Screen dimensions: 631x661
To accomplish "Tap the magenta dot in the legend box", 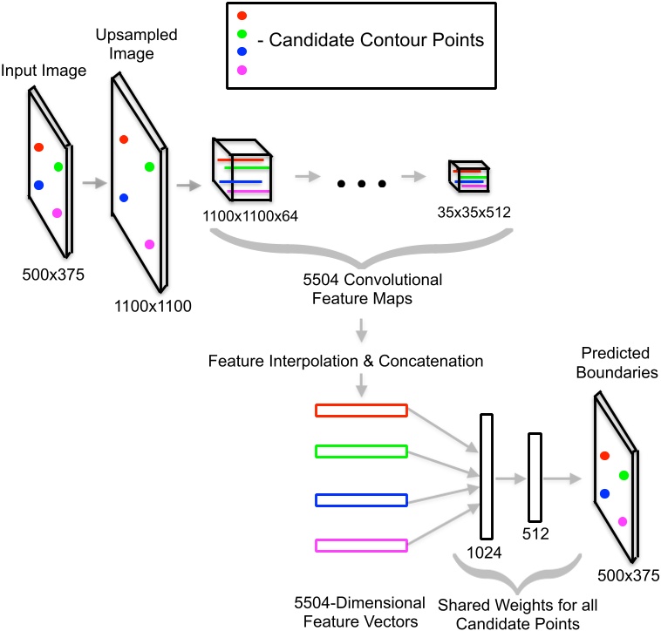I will pos(242,70).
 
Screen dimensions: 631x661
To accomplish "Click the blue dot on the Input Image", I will pos(38,185).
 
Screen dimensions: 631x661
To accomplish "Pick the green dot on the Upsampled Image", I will pos(149,166).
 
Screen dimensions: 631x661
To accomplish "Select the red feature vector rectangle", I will pos(361,410).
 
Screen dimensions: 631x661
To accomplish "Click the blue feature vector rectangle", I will pos(361,500).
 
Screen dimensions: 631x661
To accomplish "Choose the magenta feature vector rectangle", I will pos(361,546).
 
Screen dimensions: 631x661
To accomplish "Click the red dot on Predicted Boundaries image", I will pos(603,455).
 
